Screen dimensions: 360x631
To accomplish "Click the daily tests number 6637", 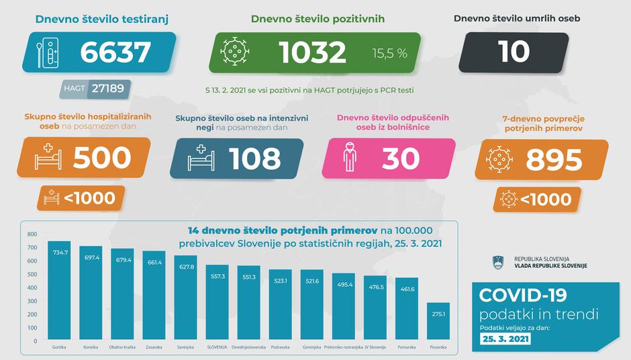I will (115, 52).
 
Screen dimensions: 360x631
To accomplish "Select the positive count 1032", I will (313, 52).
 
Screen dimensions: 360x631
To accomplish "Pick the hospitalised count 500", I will (101, 157).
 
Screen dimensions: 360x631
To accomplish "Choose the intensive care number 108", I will (254, 159).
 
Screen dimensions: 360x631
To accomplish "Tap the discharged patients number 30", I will (401, 159).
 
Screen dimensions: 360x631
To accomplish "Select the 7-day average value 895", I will (554, 159).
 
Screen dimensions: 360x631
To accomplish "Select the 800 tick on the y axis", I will (32, 234).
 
